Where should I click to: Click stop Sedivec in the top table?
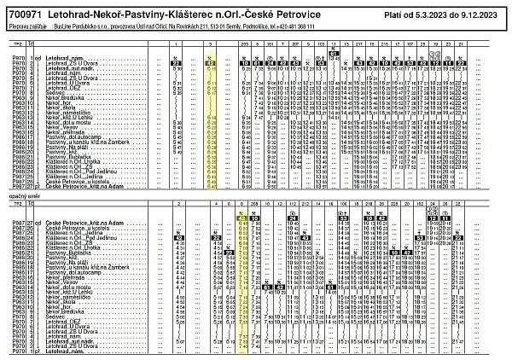[53, 94]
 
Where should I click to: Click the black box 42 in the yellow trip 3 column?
[210, 63]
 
